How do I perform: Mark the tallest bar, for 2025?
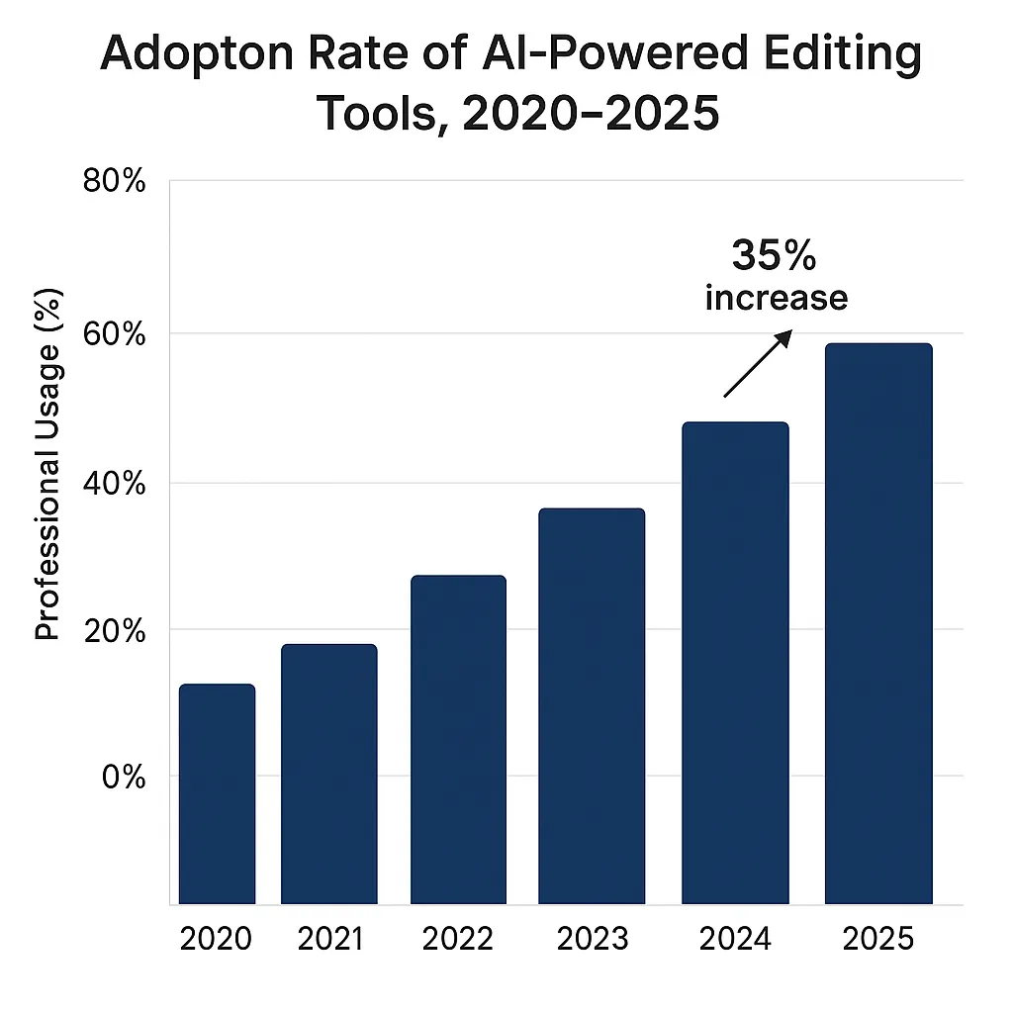[878, 623]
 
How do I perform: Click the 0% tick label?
[124, 777]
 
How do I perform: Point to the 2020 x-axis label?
[217, 939]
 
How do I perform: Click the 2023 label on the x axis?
[592, 939]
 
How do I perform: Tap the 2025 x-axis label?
[878, 939]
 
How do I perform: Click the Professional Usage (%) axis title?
[48, 465]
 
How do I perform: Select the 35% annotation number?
[775, 256]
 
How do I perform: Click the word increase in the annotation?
[777, 298]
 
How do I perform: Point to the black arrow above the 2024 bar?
[758, 364]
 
